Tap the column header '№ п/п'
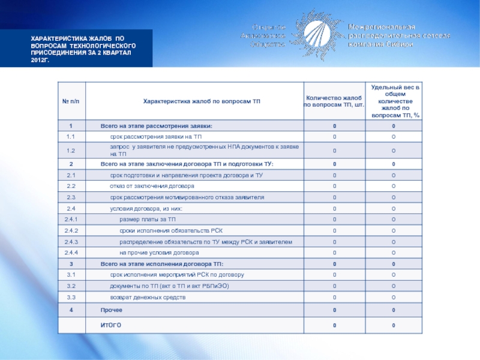coord(70,101)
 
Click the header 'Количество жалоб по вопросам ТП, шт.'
coord(334,101)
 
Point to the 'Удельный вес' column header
coord(394,101)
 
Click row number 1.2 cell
coord(70,151)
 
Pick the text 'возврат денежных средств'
coord(148,297)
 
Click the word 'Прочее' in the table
coord(112,310)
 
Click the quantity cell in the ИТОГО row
coord(334,325)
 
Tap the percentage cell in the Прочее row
coord(394,310)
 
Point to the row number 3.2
coord(70,286)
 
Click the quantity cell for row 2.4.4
coord(334,253)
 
